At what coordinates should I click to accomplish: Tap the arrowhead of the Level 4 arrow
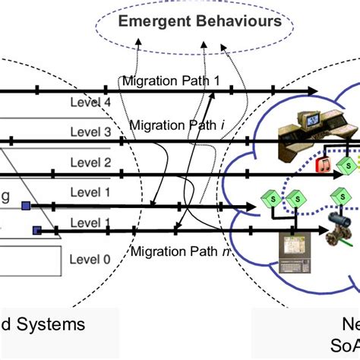coord(311,91)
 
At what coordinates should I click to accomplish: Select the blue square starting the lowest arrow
coord(35,229)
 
